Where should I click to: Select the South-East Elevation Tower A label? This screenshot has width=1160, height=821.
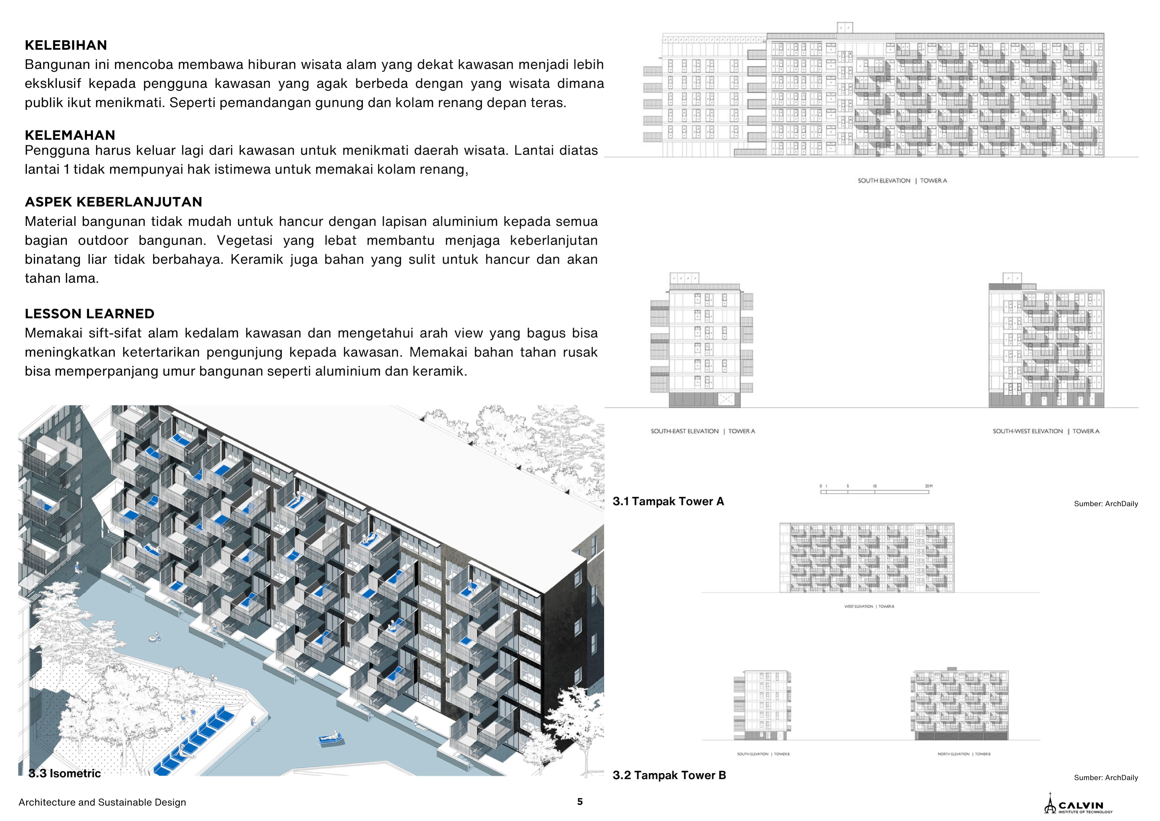pyautogui.click(x=702, y=431)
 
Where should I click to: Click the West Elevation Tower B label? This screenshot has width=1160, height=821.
pyautogui.click(x=869, y=606)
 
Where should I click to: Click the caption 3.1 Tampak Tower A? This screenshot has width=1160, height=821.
pyautogui.click(x=668, y=501)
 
